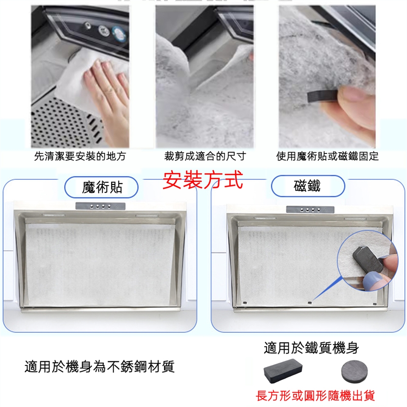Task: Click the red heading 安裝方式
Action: (203, 180)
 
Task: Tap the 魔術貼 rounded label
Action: (101, 187)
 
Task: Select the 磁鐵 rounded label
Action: (308, 186)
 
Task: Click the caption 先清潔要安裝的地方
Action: (80, 156)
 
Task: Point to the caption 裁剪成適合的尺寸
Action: (205, 156)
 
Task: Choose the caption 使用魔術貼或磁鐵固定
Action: (327, 156)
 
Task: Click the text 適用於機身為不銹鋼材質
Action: (99, 366)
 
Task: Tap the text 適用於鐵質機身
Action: (311, 348)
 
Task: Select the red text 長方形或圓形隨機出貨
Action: (315, 396)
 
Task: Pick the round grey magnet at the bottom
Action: (354, 371)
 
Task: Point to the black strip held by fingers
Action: (323, 96)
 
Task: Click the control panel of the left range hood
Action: (100, 206)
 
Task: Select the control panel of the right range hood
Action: (310, 209)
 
